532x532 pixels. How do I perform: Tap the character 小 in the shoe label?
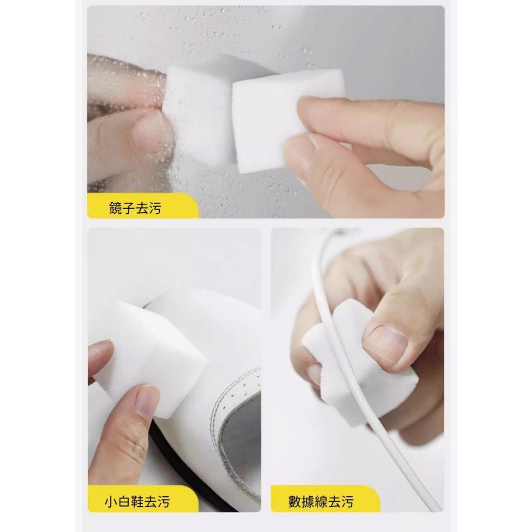(111, 501)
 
